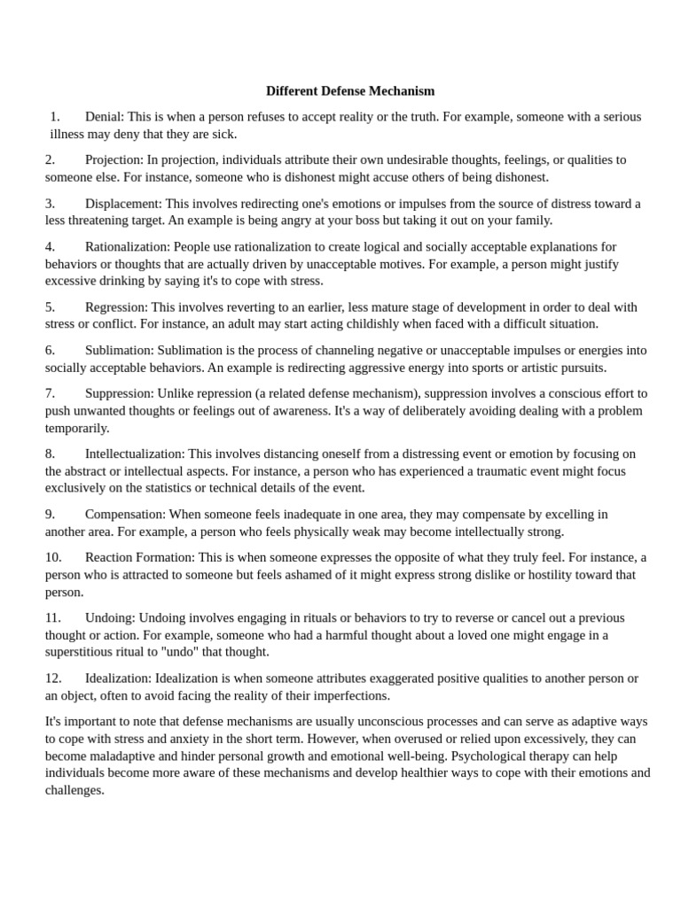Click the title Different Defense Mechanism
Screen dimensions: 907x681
(x=350, y=91)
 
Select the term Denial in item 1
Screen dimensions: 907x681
(x=104, y=117)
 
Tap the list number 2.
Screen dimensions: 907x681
(x=51, y=160)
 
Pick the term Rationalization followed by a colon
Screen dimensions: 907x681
(x=127, y=247)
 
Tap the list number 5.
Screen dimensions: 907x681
(x=51, y=307)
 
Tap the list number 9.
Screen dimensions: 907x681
(x=51, y=515)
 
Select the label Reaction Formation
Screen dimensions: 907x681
(x=139, y=558)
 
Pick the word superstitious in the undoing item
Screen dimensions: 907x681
(x=81, y=652)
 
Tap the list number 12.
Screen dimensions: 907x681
(x=53, y=678)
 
